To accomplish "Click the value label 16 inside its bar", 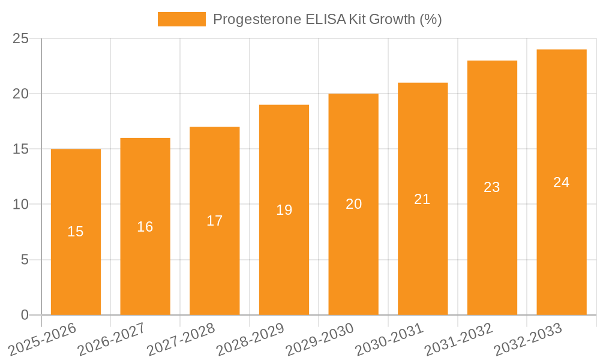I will tap(145, 227).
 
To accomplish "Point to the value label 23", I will tap(491, 187).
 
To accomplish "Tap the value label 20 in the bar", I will tap(353, 204).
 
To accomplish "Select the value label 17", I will tap(214, 221).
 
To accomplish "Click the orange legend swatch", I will tap(181, 19).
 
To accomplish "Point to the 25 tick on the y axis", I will tap(20, 38).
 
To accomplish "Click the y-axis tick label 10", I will tap(20, 205).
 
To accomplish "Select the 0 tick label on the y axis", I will tap(25, 315).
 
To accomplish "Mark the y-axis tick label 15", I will tap(20, 149).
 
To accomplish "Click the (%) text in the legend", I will tap(430, 19).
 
